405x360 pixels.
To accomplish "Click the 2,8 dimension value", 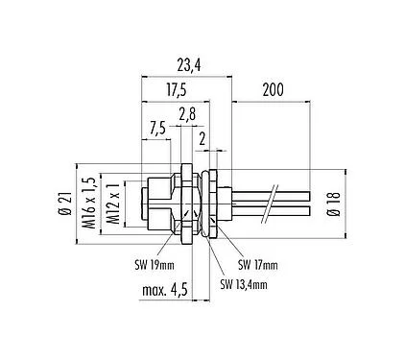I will coord(187,113).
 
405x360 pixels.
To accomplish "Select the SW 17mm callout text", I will coord(258,265).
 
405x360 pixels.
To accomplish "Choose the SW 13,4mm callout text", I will coord(246,283).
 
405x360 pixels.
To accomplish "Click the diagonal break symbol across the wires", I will coord(274,200).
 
